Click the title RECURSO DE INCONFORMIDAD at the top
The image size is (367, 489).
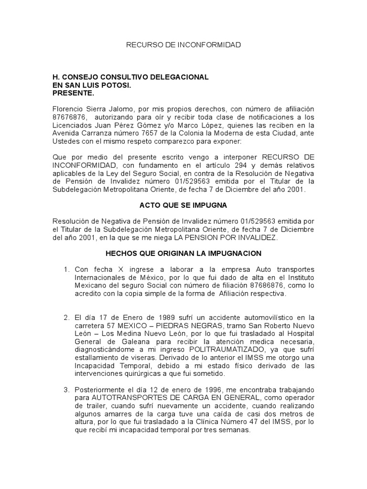coord(183,45)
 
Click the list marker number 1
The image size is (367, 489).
coord(66,270)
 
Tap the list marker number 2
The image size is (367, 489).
coord(66,317)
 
